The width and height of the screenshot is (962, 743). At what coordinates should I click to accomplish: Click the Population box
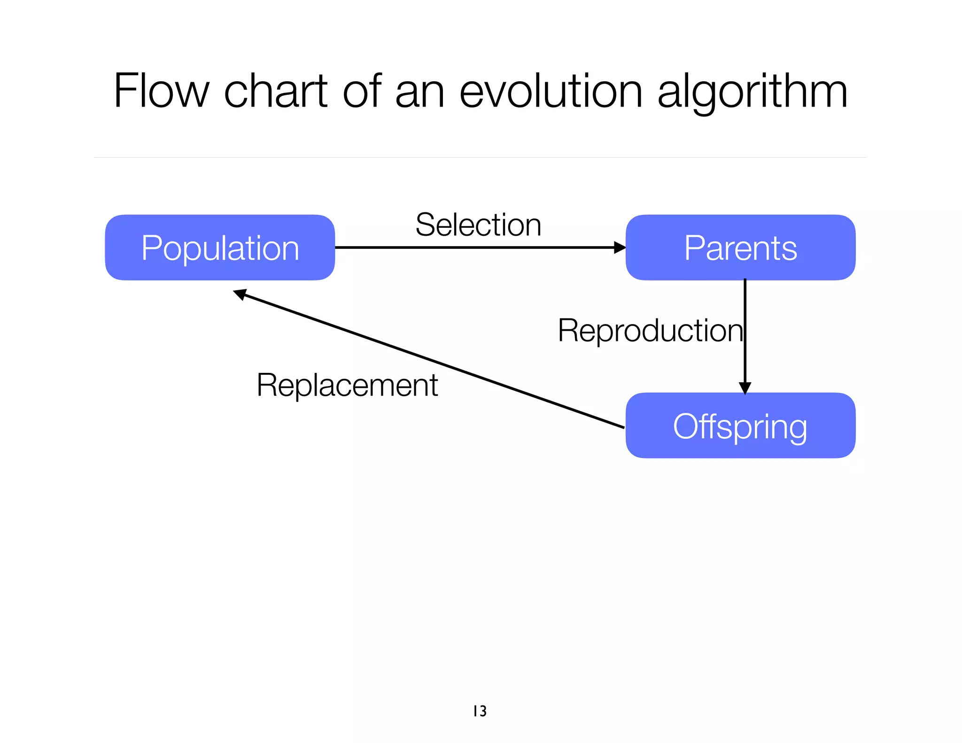pos(220,248)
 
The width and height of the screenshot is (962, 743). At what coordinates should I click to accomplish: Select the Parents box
pos(740,248)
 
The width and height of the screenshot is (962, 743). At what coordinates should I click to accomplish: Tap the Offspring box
pos(740,426)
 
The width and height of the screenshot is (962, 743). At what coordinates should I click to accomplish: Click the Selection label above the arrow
pos(478,225)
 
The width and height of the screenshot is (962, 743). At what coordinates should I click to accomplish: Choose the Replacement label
pos(347,385)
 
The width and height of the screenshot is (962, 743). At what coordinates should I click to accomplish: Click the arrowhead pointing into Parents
pos(620,248)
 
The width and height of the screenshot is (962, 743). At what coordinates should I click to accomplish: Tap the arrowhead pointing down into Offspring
pos(745,388)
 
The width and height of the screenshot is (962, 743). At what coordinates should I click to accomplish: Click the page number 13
pos(480,711)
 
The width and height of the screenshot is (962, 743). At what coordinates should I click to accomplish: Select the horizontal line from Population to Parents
pos(470,248)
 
